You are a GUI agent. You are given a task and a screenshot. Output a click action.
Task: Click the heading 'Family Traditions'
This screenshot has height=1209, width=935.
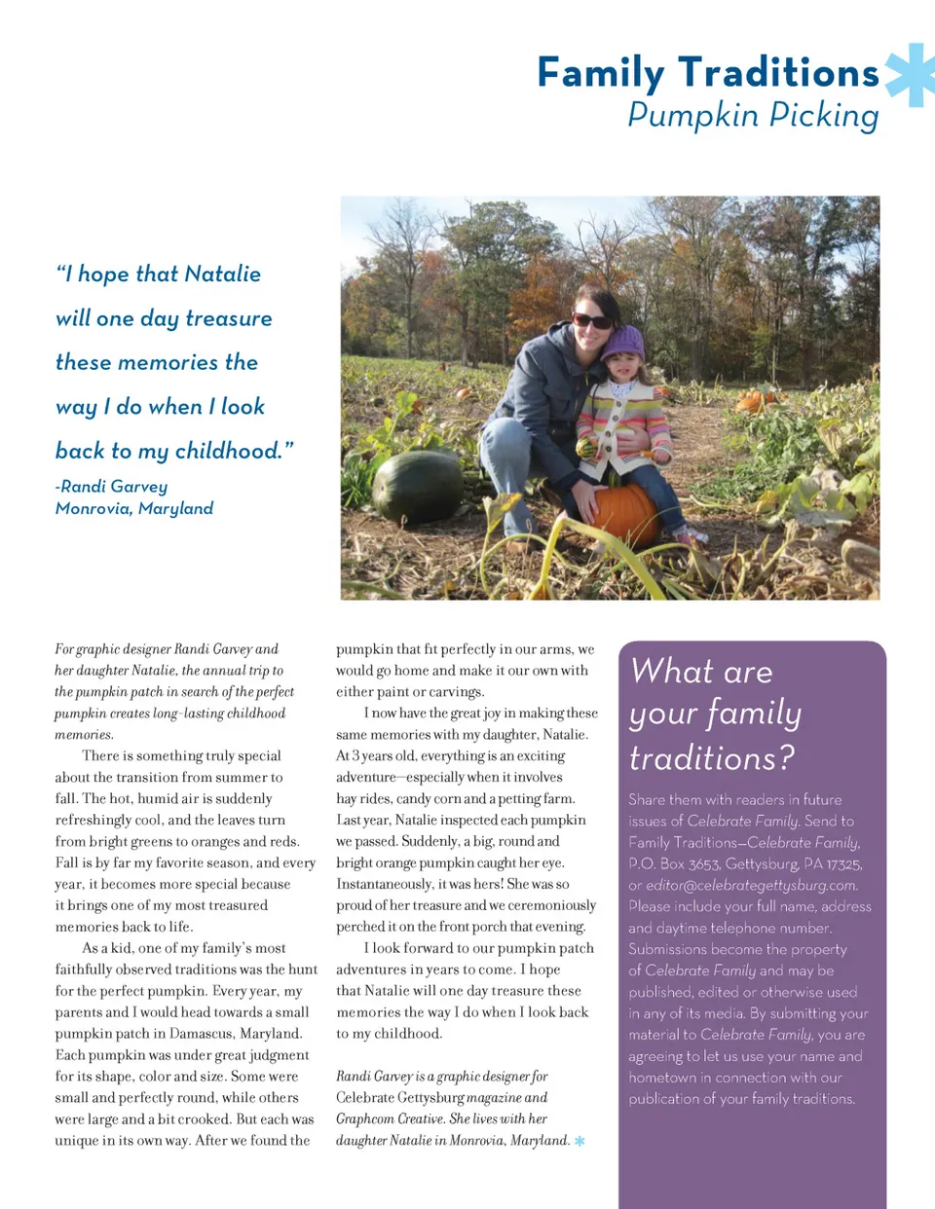point(708,73)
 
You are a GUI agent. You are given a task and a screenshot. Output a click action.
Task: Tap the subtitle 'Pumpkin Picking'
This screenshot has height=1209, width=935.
point(753,115)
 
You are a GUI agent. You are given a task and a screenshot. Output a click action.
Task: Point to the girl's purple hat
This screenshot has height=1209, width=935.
point(623,343)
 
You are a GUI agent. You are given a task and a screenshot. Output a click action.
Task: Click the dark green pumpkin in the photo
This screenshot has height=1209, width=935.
point(419,487)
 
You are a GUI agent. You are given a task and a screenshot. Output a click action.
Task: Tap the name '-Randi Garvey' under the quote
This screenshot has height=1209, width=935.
point(111,486)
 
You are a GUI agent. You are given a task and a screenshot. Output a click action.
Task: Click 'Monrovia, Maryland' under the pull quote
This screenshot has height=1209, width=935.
point(134,508)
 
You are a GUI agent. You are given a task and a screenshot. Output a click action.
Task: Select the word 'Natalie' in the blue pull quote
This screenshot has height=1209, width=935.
point(222,275)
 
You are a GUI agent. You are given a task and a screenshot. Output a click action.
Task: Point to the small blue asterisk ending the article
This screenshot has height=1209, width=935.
point(580,1141)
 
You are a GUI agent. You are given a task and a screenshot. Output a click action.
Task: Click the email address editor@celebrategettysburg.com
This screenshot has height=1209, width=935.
point(751,885)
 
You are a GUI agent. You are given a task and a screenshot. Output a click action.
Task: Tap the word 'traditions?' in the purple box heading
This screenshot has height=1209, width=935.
point(711,757)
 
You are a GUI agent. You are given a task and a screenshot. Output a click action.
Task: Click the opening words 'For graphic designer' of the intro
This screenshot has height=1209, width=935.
point(113,649)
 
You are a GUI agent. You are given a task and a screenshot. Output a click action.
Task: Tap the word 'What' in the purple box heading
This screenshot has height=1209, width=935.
point(672,672)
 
